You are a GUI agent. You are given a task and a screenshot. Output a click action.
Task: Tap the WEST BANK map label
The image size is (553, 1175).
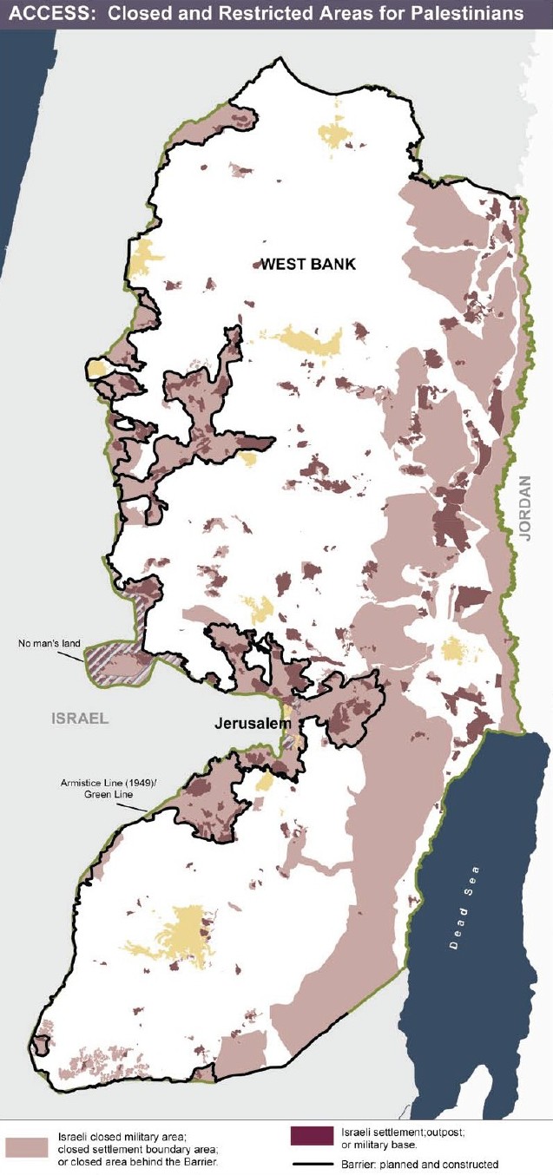(308, 264)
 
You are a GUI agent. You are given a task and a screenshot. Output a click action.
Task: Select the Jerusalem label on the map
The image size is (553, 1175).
(248, 723)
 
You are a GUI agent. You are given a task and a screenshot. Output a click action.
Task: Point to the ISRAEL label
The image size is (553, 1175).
(80, 718)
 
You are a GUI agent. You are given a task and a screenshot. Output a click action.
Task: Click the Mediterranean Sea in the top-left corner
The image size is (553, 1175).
(17, 130)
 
